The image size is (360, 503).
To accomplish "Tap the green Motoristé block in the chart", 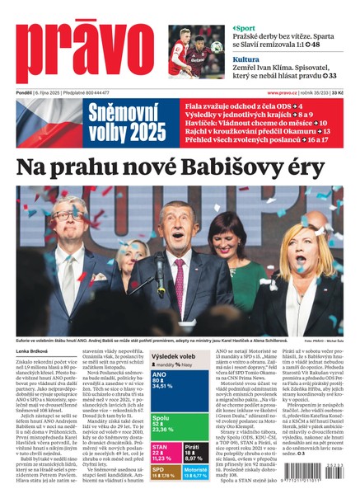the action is tap(195, 473).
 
